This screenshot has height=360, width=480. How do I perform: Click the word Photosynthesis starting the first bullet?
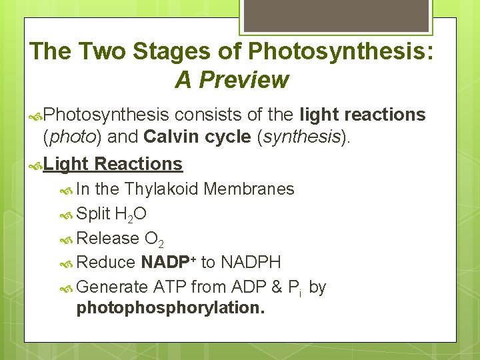(109, 115)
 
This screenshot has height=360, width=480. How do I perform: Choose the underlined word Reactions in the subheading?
(139, 163)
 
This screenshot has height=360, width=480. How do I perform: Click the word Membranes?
(249, 189)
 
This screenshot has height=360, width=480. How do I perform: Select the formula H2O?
(131, 214)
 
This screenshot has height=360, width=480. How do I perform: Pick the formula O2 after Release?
(154, 239)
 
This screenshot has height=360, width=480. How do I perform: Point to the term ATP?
(169, 287)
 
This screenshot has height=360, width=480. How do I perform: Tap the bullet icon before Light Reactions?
(36, 164)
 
